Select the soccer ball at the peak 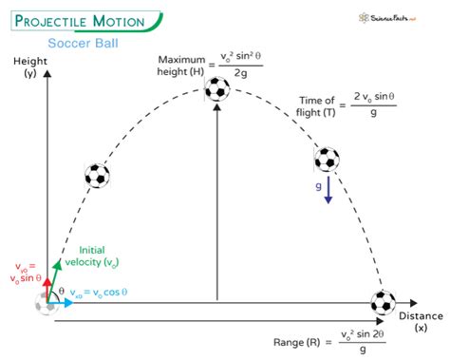click(217, 89)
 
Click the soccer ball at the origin click(47, 303)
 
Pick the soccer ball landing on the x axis click(383, 303)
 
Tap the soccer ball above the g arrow click(327, 159)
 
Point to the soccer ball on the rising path click(98, 175)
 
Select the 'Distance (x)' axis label click(420, 321)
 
